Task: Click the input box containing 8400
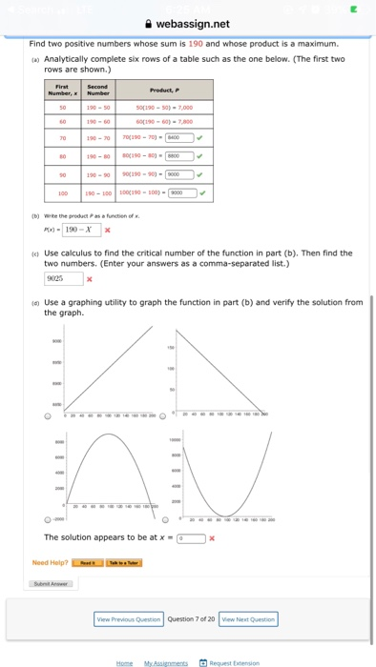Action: pyautogui.click(x=180, y=138)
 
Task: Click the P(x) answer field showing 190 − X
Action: pyautogui.click(x=79, y=230)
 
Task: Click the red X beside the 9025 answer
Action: pyautogui.click(x=89, y=280)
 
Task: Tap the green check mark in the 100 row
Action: pyautogui.click(x=203, y=192)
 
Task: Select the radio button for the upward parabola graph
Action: pyautogui.click(x=166, y=520)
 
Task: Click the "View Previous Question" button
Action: pyautogui.click(x=129, y=618)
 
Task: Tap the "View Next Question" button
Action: pyautogui.click(x=248, y=618)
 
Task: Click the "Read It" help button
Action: pyautogui.click(x=91, y=562)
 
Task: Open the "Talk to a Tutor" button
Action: pyautogui.click(x=124, y=562)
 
